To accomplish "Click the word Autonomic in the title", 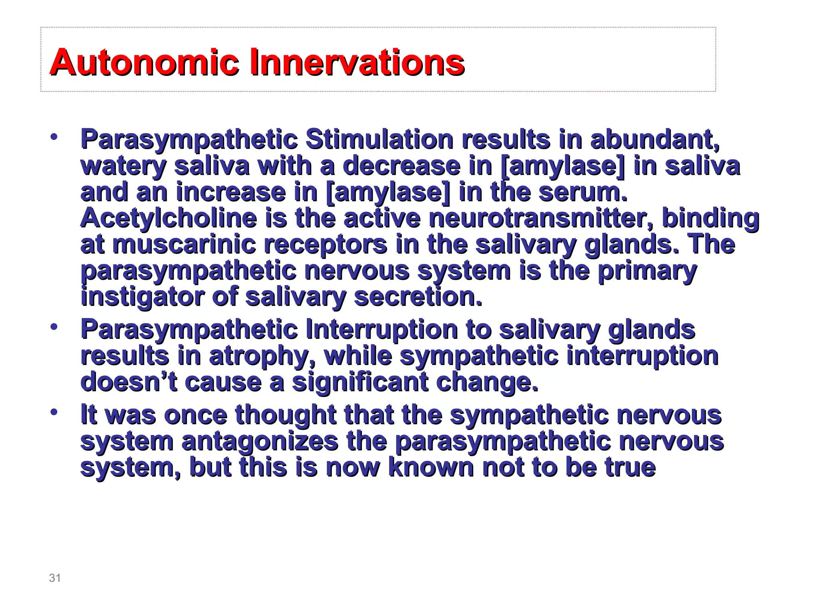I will pos(144,62).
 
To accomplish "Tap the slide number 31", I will pos(55,578).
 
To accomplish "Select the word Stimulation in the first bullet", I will pos(379,140).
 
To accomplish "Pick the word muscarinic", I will pos(184,244).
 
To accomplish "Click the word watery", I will pos(123,166).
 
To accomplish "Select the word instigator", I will pos(142,297).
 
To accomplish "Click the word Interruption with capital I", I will pos(381,330).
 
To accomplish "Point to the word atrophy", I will pos(262,356).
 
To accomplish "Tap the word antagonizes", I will pos(260,441).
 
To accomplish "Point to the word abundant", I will pos(655,140).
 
